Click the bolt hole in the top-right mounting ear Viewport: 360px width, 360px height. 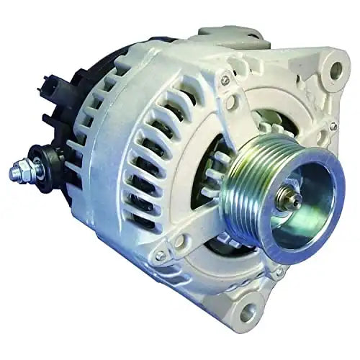pos(336,70)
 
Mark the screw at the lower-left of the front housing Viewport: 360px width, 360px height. pos(160,255)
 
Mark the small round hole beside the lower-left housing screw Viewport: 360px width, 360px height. pos(178,242)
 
